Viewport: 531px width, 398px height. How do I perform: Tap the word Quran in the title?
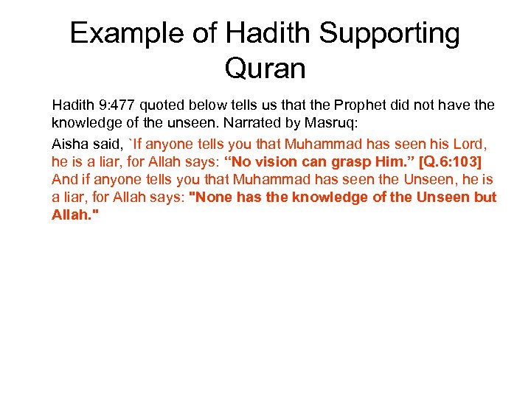(265, 69)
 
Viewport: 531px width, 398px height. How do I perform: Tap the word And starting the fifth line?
(63, 179)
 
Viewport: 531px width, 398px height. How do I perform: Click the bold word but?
(485, 198)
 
